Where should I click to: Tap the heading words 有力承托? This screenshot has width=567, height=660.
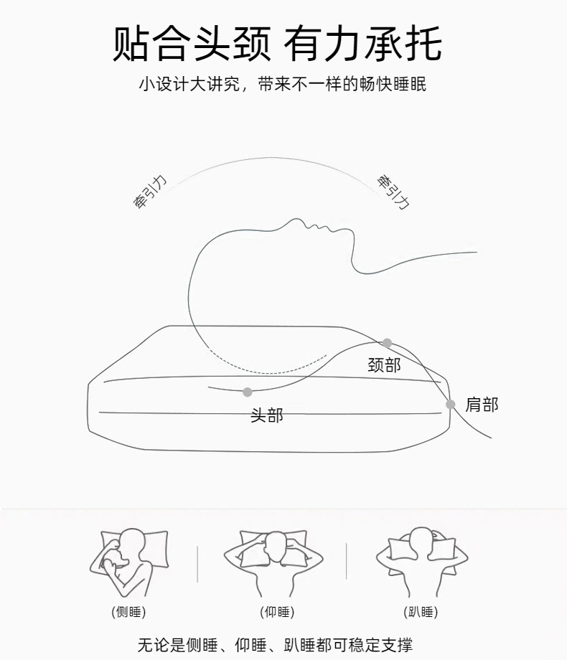[363, 43]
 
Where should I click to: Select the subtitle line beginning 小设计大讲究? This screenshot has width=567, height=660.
[283, 84]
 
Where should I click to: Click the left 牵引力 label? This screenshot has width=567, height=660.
[150, 192]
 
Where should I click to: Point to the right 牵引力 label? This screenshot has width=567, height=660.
[393, 192]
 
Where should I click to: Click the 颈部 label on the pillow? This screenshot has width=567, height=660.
[384, 364]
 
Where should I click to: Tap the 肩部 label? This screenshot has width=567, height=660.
[482, 405]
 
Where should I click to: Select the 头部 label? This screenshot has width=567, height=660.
[267, 415]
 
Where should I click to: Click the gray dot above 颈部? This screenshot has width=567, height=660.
[387, 343]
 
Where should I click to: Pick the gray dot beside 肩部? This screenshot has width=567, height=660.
[450, 405]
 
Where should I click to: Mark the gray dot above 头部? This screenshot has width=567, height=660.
[248, 392]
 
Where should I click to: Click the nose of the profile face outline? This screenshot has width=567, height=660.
[297, 220]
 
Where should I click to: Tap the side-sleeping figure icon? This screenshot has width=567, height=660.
[128, 562]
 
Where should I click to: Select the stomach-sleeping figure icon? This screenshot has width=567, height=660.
[422, 562]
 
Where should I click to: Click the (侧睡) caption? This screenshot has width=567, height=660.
[128, 612]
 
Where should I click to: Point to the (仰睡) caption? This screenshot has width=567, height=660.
[277, 612]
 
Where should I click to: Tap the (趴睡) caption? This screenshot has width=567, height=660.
[421, 612]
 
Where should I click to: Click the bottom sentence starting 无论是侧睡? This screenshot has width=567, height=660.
[275, 645]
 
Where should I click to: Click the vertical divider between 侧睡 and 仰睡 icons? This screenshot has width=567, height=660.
[197, 564]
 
